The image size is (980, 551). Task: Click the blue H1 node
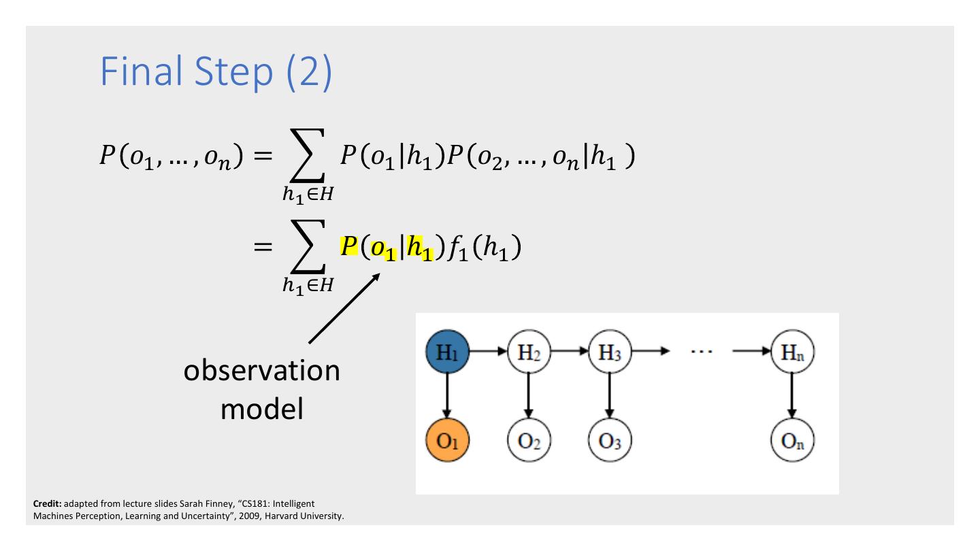(446, 352)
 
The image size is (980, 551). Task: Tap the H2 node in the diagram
(527, 352)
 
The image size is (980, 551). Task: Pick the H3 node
(610, 352)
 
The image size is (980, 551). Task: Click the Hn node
(793, 352)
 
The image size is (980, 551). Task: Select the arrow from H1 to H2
(487, 352)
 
